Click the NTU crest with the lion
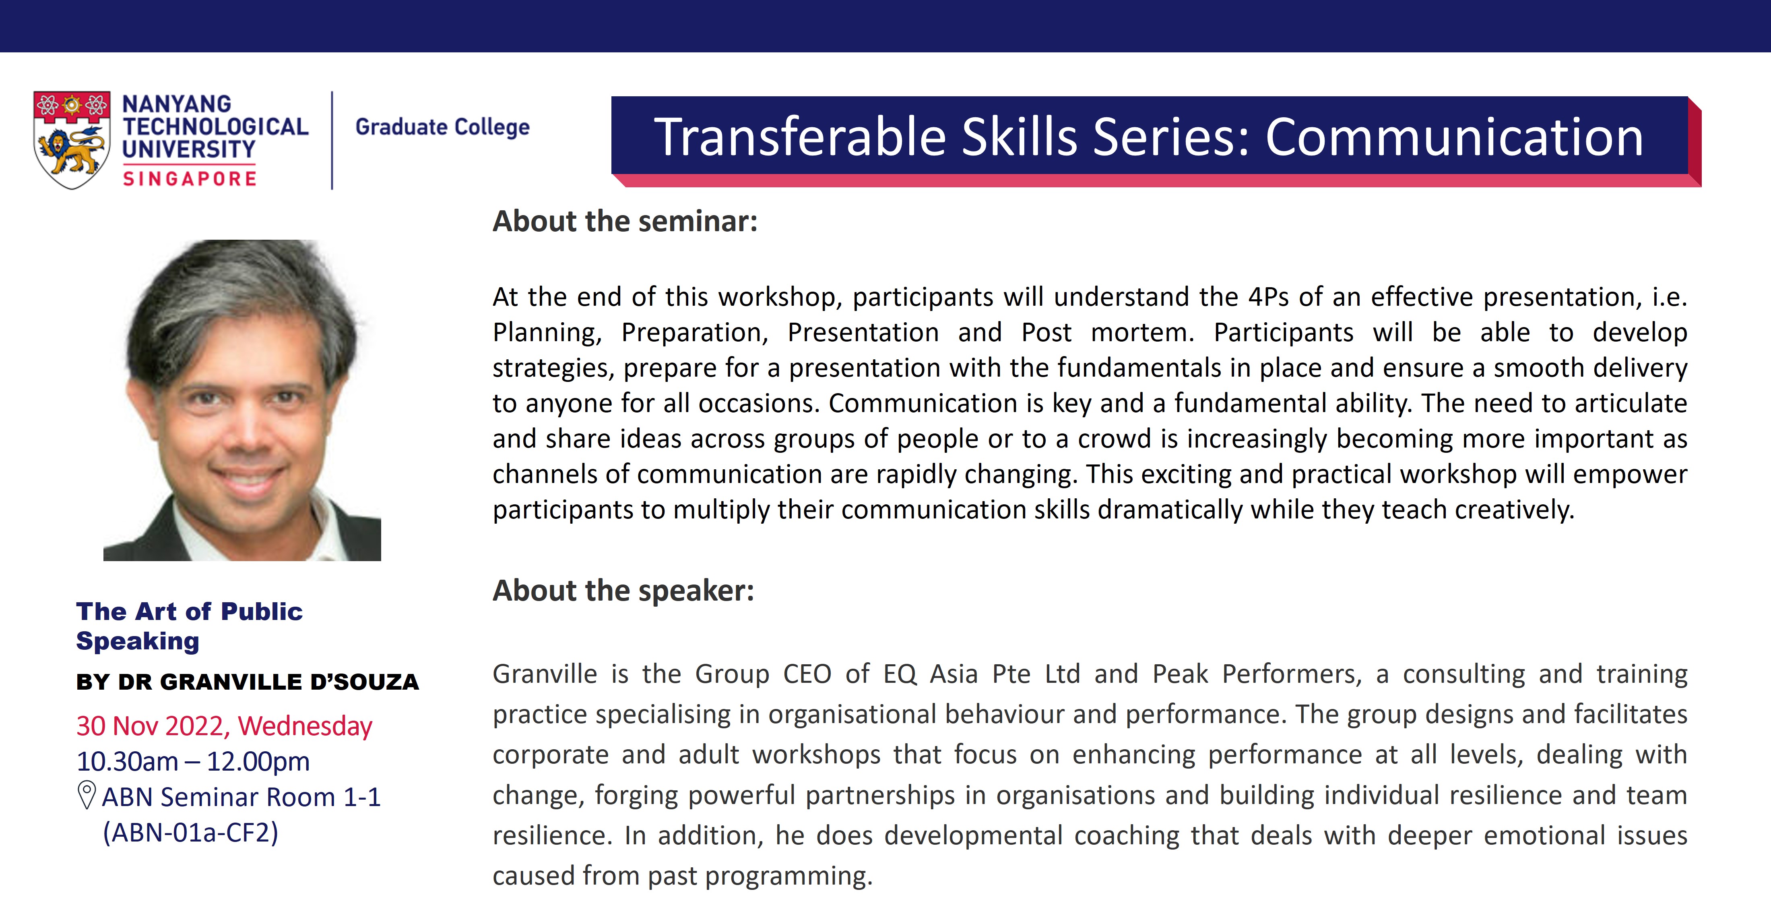coord(72,140)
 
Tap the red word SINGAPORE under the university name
coord(190,179)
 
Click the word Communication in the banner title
coord(1454,137)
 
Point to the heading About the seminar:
coord(625,222)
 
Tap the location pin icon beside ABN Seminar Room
coord(87,795)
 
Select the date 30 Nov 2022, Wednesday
coord(224,726)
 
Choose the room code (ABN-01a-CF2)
coord(190,832)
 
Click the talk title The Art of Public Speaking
coord(190,626)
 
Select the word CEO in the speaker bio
coord(807,674)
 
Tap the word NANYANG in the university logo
coord(177,104)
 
